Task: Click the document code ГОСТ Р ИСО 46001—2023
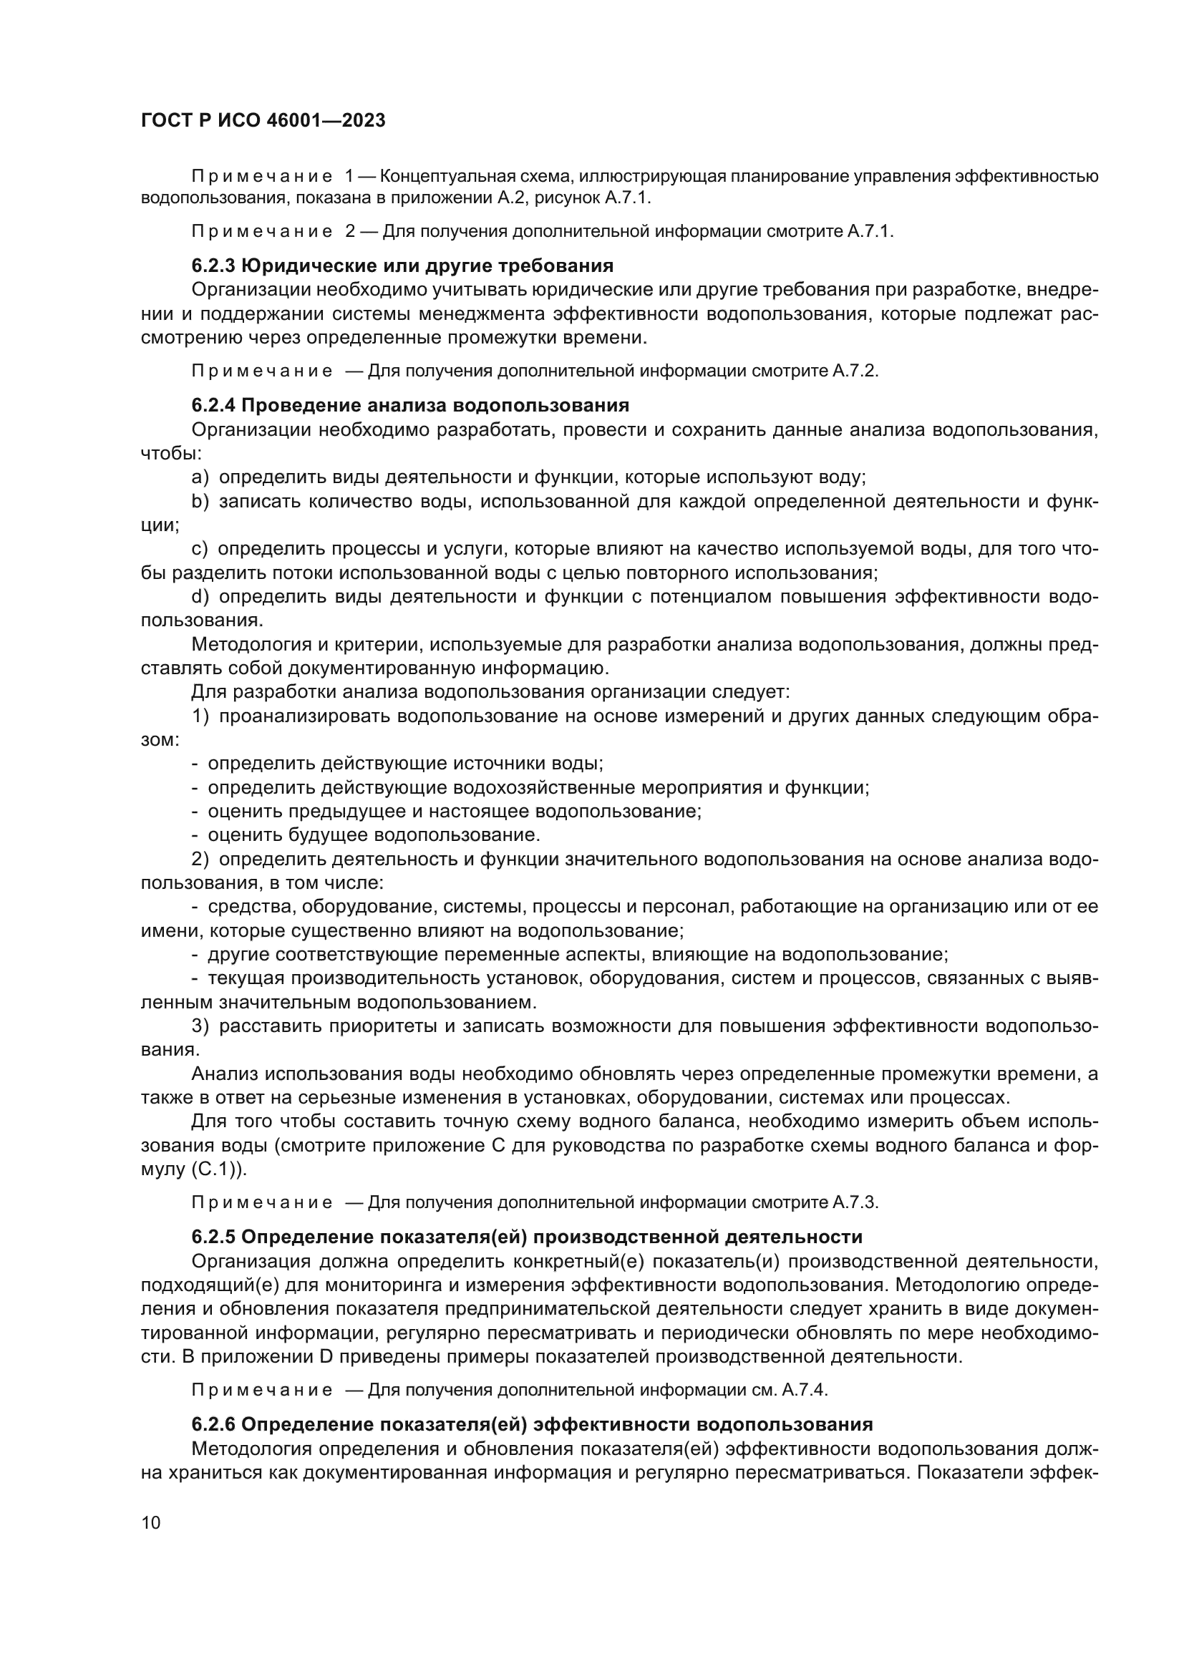pyautogui.click(x=263, y=121)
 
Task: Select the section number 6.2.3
pyautogui.click(x=213, y=266)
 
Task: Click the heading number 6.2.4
pyautogui.click(x=213, y=405)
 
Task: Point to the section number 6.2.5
pyautogui.click(x=213, y=1237)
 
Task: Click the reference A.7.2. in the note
pyautogui.click(x=855, y=371)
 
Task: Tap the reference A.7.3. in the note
pyautogui.click(x=855, y=1203)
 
